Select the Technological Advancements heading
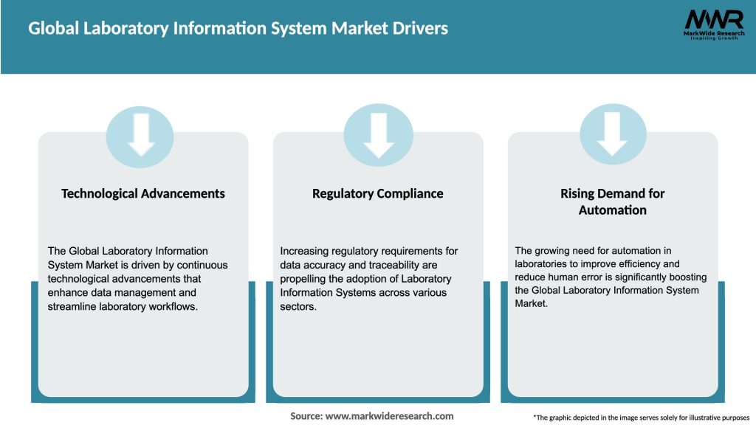tap(143, 193)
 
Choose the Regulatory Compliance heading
tap(378, 193)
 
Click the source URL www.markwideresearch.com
tap(389, 416)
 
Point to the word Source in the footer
tap(306, 416)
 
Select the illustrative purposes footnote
tap(641, 418)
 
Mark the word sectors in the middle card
tap(298, 307)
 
